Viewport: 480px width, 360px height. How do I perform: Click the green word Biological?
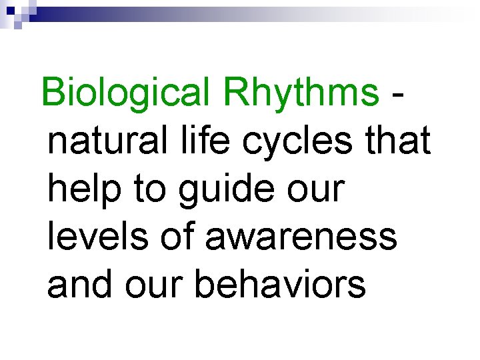[125, 93]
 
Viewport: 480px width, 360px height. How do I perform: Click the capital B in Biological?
[53, 93]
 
